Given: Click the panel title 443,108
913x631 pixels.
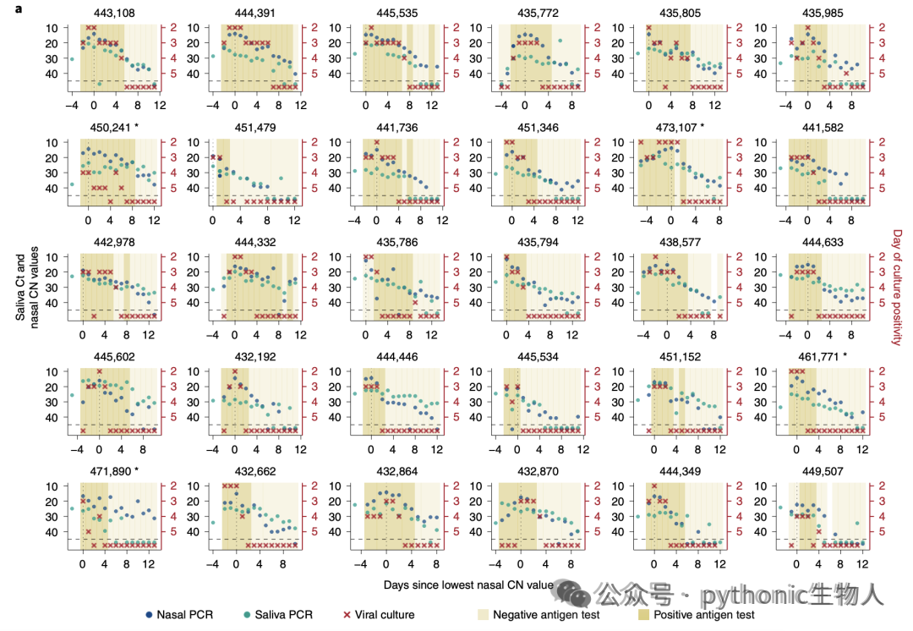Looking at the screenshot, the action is pos(114,14).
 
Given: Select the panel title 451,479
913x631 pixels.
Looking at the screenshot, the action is pos(255,128).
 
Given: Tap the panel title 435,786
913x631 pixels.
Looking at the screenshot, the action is pos(397,243).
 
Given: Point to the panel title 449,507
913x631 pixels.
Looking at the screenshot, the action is pos(823,471).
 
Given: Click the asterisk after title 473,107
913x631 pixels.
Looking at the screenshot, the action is pos(703,126).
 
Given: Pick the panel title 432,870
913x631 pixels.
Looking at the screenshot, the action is pos(538,471).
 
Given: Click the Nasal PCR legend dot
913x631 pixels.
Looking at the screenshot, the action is pos(149,615).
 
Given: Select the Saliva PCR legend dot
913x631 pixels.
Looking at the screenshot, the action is pos(247,615).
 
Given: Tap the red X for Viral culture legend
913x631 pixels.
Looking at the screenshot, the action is pos(347,615).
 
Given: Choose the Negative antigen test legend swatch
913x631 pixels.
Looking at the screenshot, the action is pos(484,615).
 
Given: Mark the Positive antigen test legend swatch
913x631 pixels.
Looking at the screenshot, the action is pos(643,615).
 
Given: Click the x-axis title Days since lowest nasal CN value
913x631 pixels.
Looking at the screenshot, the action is pos(468,585).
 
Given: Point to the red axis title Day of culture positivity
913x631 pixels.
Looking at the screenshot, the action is pos(897,288).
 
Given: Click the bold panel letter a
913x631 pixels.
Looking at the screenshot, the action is pos(19,8).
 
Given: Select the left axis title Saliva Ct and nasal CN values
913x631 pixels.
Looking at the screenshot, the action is pos(27,288).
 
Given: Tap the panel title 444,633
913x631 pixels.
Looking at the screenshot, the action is pos(823,243).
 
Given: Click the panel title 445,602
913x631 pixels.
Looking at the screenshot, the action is pos(114,357).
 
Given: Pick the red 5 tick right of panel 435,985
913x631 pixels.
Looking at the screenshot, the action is pos(882,74).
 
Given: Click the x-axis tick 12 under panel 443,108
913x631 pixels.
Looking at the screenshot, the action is pos(160,106).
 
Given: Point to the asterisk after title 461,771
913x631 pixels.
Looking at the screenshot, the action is pos(845,356).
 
